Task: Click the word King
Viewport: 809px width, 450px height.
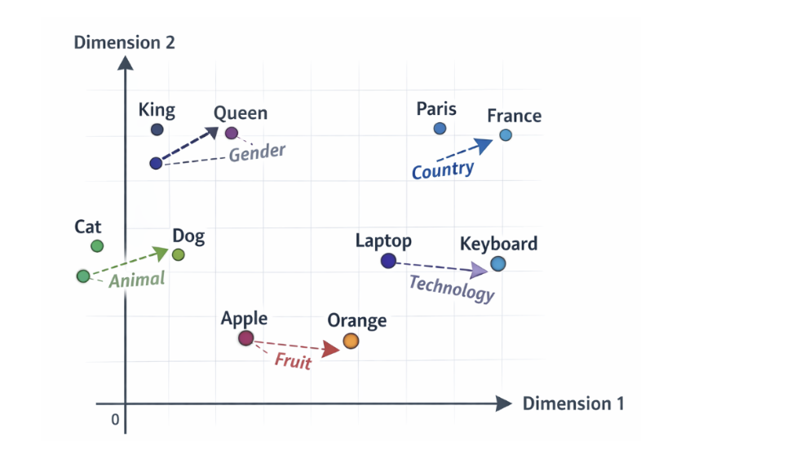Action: (157, 110)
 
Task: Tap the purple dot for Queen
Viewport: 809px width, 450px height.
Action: (232, 133)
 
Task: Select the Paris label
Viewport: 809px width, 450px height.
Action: (436, 109)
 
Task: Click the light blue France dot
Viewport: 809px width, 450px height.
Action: (506, 135)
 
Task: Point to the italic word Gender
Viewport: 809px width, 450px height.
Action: (257, 152)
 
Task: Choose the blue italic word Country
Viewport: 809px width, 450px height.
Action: (442, 170)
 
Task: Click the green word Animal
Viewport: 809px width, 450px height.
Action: (137, 280)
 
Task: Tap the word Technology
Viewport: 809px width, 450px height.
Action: (451, 288)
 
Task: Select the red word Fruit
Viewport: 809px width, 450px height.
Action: (293, 361)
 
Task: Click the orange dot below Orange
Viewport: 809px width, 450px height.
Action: (351, 341)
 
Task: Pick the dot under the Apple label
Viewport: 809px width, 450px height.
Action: (246, 338)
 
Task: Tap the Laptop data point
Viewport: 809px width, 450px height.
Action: (388, 261)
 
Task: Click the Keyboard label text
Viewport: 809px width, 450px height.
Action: (498, 244)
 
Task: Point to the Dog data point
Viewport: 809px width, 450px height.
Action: (179, 255)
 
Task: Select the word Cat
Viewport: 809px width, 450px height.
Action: (88, 227)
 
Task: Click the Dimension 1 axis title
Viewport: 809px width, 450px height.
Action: (573, 404)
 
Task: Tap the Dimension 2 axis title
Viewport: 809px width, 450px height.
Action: (125, 42)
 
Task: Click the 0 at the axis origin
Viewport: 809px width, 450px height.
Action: (115, 420)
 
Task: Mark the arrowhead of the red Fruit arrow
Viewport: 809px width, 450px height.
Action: (330, 350)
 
